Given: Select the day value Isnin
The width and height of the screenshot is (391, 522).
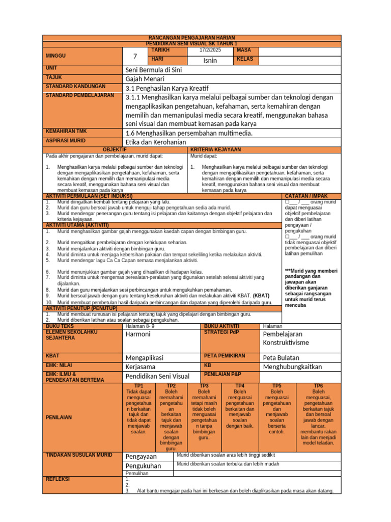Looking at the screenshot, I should tap(210, 60).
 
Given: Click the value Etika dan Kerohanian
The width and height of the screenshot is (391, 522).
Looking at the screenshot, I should tap(156, 142).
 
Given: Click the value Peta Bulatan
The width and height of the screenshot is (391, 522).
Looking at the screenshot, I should tap(281, 357).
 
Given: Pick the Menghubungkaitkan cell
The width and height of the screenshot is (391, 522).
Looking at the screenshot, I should tap(292, 367).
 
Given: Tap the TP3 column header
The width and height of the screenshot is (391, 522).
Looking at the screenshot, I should tap(204, 386).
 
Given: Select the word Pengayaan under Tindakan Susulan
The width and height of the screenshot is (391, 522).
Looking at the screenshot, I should tap(141, 456).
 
